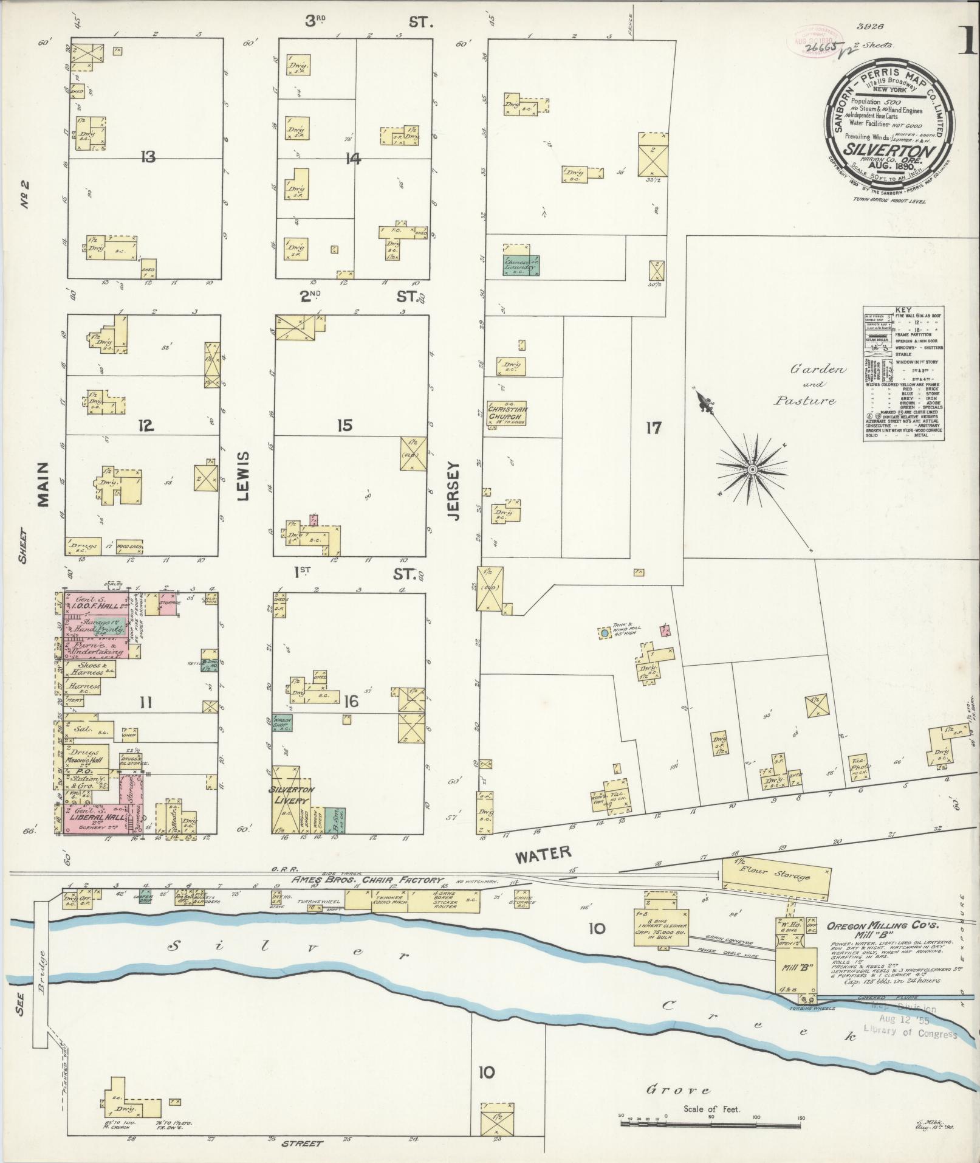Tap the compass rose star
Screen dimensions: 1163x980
752,469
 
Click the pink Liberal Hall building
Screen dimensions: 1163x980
97,818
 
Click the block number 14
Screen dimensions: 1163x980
352,159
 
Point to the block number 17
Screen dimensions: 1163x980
653,428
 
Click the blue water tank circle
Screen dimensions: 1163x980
605,633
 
